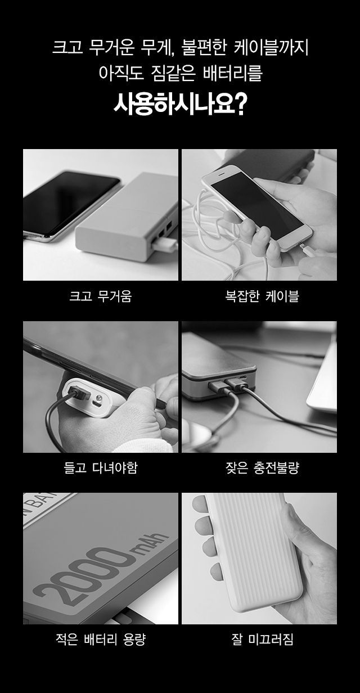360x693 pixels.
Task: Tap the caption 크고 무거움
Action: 101,296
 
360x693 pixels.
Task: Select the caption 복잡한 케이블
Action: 262,296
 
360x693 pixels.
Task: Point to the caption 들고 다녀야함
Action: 101,467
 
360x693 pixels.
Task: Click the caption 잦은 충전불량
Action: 262,467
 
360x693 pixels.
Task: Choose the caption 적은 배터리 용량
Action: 101,640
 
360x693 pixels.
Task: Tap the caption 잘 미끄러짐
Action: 262,640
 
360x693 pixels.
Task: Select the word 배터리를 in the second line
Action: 232,73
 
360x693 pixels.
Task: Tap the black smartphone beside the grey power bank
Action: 71,205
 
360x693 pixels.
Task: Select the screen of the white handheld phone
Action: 257,205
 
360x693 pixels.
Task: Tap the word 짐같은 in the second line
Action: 173,73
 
